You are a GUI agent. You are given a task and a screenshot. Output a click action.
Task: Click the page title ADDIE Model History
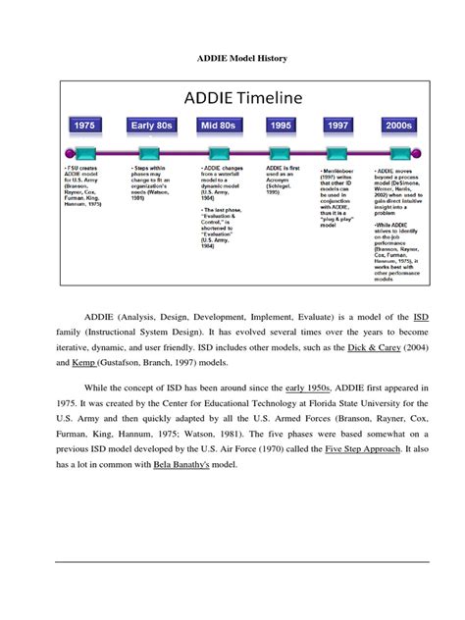[232, 59]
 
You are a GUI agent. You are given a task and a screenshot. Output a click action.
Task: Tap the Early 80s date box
[154, 126]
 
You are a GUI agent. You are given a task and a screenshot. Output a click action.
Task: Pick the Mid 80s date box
[220, 126]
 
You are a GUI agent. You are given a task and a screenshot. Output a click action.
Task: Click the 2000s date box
[397, 126]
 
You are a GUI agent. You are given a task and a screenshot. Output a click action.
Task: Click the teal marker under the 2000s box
[397, 152]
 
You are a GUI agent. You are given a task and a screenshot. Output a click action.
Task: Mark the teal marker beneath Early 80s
[154, 152]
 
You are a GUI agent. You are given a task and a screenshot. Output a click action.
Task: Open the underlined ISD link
[420, 317]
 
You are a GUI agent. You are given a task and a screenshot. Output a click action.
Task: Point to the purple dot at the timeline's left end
[67, 152]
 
